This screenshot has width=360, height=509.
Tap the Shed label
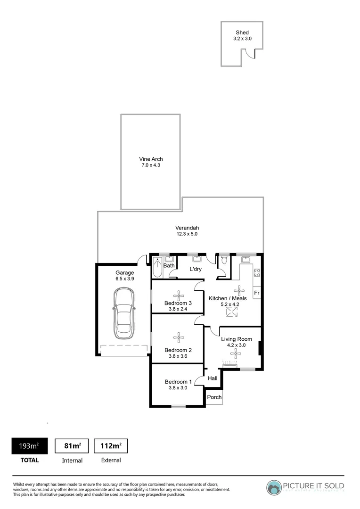tap(242, 33)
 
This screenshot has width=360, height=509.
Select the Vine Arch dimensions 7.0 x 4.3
tap(150, 165)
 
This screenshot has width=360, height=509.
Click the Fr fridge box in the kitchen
tap(257, 293)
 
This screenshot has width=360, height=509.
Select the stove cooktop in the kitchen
tap(257, 273)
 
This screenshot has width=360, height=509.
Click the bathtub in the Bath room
tap(157, 267)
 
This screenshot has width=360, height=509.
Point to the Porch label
tap(214, 397)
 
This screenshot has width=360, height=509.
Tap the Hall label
tap(213, 378)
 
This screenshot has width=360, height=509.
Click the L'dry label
tap(196, 269)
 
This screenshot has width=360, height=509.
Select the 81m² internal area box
tap(72, 446)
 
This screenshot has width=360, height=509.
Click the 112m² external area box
tap(111, 446)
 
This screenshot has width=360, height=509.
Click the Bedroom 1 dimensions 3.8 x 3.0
tap(178, 388)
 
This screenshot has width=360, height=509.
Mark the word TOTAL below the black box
tap(29, 460)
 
